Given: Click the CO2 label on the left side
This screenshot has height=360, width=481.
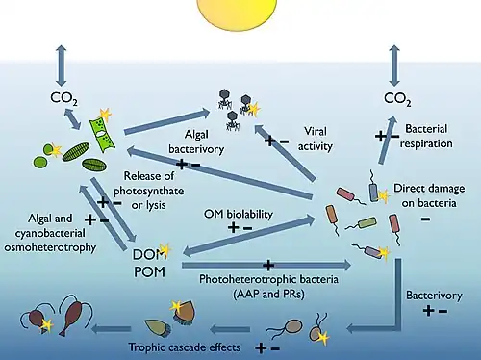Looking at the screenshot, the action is click(63, 98).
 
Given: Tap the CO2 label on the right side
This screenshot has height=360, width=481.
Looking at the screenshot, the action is click(397, 99).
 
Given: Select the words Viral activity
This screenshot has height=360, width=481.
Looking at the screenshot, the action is click(316, 139).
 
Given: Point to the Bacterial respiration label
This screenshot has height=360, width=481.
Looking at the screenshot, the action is click(426, 136).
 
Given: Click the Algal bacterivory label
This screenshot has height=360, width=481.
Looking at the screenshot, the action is click(196, 141).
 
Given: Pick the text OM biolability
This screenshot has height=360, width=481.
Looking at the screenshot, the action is click(239, 214).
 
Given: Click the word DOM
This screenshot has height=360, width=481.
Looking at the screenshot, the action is click(149, 254).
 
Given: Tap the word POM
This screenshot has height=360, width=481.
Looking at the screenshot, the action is click(149, 272).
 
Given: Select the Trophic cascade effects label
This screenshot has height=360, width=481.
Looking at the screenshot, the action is click(185, 347).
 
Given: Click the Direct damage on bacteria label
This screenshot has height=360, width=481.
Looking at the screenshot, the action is click(429, 195).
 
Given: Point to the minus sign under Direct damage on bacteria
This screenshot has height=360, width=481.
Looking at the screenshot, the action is click(425, 219).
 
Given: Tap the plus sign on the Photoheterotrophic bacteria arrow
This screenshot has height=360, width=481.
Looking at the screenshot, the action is click(268, 266).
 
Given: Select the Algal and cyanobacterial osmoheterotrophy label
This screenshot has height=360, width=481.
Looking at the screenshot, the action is click(50, 233).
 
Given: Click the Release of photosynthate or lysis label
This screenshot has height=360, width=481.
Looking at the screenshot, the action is click(149, 191).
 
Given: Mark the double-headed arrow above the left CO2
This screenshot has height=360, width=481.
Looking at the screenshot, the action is click(62, 65).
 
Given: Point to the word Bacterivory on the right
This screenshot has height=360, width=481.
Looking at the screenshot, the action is click(434, 296).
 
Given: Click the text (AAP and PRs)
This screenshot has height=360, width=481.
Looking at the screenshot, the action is click(268, 295).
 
